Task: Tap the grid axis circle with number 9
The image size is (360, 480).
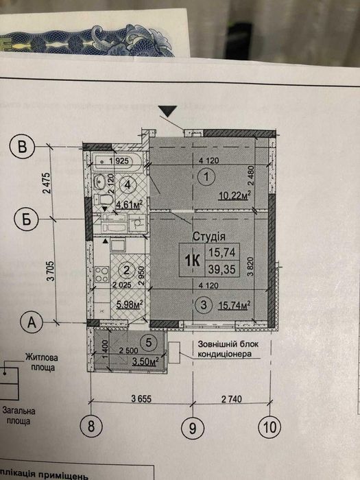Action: (x=193, y=428)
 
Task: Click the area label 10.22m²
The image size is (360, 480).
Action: (x=232, y=195)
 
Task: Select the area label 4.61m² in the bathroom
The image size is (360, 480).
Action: (x=128, y=204)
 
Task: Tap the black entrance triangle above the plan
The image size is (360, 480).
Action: (x=167, y=110)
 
